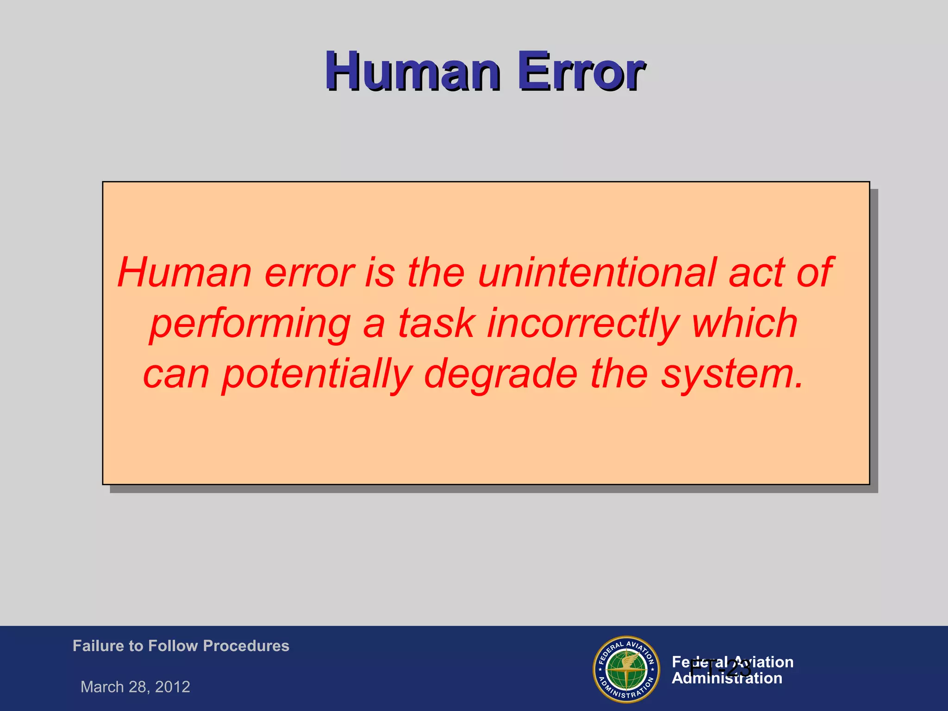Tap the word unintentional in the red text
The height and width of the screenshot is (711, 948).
pyautogui.click(x=597, y=273)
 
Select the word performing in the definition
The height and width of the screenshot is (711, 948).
pyautogui.click(x=250, y=324)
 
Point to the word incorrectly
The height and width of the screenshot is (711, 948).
pyautogui.click(x=583, y=324)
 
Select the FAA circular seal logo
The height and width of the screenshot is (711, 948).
pyautogui.click(x=626, y=669)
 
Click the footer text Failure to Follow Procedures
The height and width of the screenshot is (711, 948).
pyautogui.click(x=181, y=646)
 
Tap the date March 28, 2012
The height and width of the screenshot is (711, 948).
pyautogui.click(x=135, y=687)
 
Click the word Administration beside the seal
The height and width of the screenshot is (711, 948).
pyautogui.click(x=727, y=679)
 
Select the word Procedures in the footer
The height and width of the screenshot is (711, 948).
pyautogui.click(x=246, y=646)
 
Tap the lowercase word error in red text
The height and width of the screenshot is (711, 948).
pyautogui.click(x=309, y=273)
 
